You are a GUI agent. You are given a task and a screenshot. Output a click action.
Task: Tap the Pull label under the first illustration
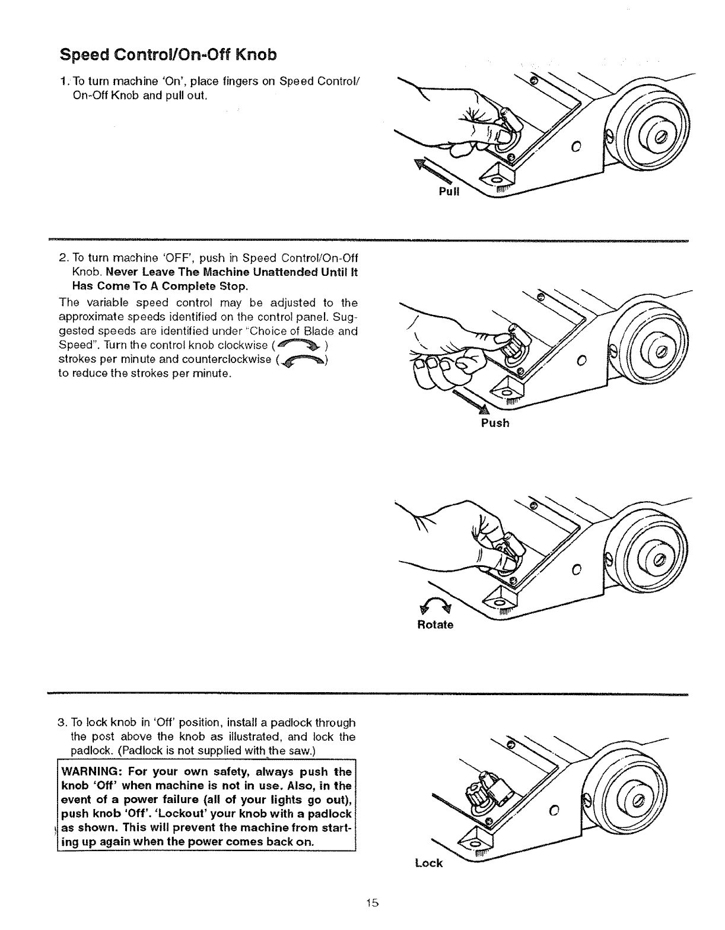tap(449, 192)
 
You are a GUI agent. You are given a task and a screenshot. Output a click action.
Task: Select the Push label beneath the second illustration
tap(495, 423)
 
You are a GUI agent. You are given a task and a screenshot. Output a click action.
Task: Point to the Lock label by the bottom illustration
tap(429, 863)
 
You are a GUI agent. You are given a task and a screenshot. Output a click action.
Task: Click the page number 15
tap(372, 903)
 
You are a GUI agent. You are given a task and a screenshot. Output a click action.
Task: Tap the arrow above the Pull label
tap(433, 172)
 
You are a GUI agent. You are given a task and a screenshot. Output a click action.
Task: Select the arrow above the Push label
tap(472, 402)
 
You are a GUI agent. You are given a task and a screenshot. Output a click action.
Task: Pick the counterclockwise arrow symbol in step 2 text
tap(303, 360)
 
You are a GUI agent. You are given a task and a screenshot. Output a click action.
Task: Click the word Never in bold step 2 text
tap(128, 273)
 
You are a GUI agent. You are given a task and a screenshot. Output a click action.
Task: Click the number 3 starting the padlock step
tap(61, 722)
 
